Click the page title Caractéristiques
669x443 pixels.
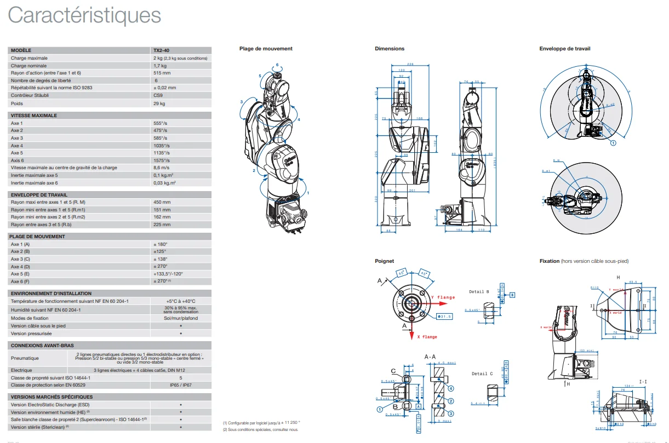(84, 15)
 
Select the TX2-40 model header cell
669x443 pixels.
(161, 50)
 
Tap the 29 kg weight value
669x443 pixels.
(159, 103)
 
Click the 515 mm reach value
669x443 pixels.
(162, 73)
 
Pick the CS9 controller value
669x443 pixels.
(158, 95)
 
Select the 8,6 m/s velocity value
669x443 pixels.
(162, 168)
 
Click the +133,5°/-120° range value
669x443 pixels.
(168, 273)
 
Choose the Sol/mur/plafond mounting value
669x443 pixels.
(181, 318)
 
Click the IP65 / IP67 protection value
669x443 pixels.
(181, 385)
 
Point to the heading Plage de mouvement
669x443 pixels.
(266, 49)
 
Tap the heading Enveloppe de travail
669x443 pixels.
(564, 49)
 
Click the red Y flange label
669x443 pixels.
(442, 297)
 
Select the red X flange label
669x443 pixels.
(427, 337)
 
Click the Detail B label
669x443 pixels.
(480, 292)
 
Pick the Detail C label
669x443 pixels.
(482, 374)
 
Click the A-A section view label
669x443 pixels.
(430, 356)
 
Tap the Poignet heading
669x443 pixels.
(384, 261)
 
